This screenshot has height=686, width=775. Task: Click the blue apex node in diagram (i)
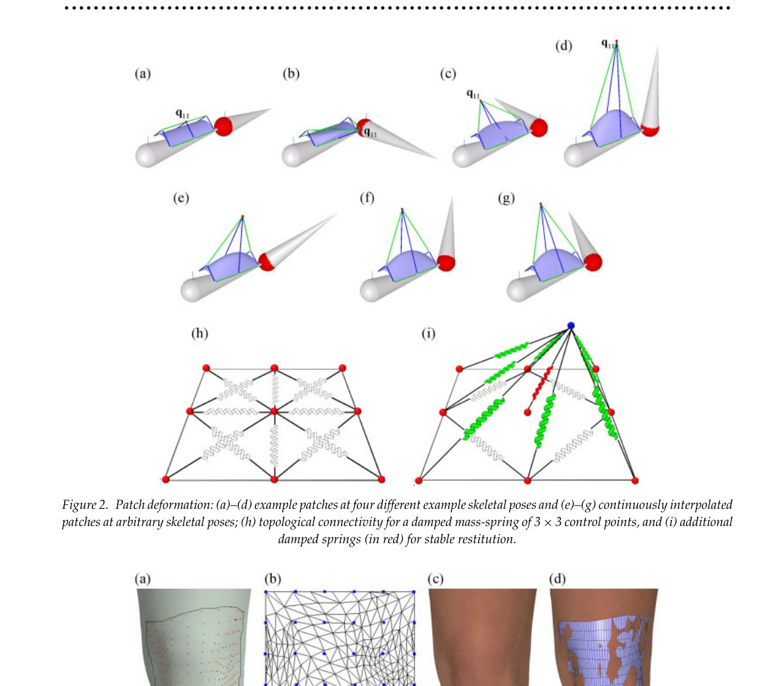point(571,326)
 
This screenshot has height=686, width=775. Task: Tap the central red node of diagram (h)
point(274,411)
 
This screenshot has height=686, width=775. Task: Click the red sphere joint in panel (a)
point(223,126)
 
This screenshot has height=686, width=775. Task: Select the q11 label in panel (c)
point(473,94)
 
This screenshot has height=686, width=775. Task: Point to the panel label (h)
point(200,334)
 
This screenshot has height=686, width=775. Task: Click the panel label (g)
point(506,198)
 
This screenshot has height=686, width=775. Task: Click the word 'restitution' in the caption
point(486,539)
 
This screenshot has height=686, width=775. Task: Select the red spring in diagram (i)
point(542,383)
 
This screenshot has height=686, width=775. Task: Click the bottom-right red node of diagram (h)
point(381,479)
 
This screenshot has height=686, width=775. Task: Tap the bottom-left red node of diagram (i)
point(419,480)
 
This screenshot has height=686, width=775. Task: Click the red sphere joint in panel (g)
point(593,262)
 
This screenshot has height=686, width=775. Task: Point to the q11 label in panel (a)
point(182,114)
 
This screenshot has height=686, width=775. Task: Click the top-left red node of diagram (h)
point(206,368)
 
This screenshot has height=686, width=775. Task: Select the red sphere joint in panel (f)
point(446,262)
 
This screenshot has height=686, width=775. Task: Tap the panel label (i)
point(429,334)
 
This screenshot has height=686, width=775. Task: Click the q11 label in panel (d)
point(608,44)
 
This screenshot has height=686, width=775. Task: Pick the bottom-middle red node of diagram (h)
point(274,479)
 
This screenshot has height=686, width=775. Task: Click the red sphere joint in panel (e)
point(266,262)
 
